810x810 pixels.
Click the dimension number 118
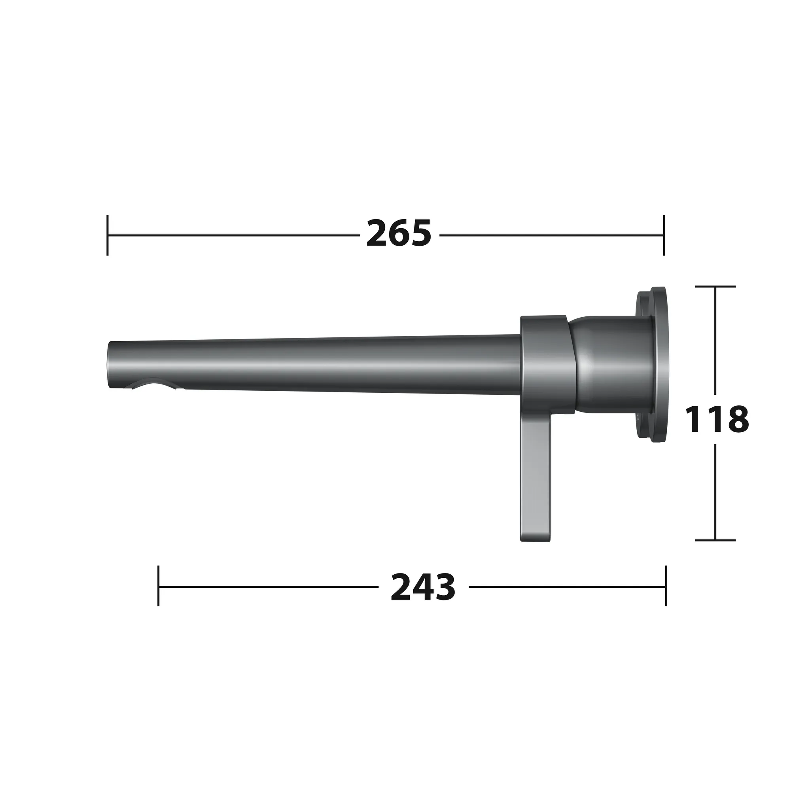[x=716, y=419]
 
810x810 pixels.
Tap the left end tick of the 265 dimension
[x=108, y=235]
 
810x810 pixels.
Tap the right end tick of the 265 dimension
[x=664, y=235]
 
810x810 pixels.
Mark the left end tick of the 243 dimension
[x=159, y=586]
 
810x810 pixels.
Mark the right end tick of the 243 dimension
[x=666, y=586]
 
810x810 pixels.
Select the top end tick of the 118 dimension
[x=715, y=286]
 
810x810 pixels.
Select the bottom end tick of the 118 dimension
[x=715, y=540]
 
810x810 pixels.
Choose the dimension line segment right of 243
[x=566, y=587]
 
